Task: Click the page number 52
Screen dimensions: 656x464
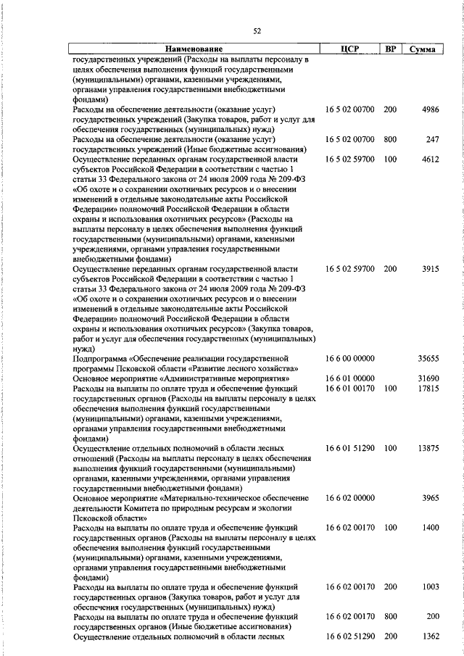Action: point(257,30)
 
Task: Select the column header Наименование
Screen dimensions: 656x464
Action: point(194,49)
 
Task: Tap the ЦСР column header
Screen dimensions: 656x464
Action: point(350,49)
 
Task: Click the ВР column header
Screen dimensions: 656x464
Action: point(390,49)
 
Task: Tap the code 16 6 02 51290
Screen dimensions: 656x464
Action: point(350,636)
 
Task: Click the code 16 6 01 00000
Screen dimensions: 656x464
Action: point(350,378)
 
